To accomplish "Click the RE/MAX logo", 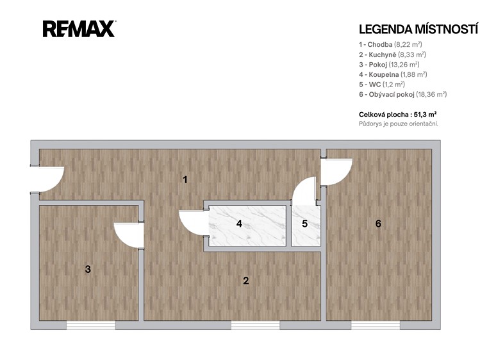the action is tap(79, 29).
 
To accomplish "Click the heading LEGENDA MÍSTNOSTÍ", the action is tap(418, 29).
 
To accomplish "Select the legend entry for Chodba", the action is tap(390, 45).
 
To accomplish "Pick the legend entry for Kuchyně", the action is tap(392, 54).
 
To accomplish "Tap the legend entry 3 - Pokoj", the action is tap(389, 65).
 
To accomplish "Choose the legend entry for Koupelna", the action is tap(393, 74).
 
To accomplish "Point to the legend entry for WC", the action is tap(382, 85).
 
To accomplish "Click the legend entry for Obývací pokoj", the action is tap(403, 95).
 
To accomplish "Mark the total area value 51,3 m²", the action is tap(425, 115).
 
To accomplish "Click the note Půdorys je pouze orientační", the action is tap(399, 124).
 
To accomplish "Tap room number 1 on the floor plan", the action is tap(185, 180).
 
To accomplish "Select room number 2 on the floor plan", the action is tap(246, 281).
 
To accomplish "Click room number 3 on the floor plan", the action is tap(88, 269).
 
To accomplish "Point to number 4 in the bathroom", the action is tap(239, 224).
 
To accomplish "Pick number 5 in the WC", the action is tap(304, 224).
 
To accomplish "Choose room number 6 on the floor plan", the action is tap(378, 224).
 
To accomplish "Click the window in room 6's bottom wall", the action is tap(376, 325).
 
